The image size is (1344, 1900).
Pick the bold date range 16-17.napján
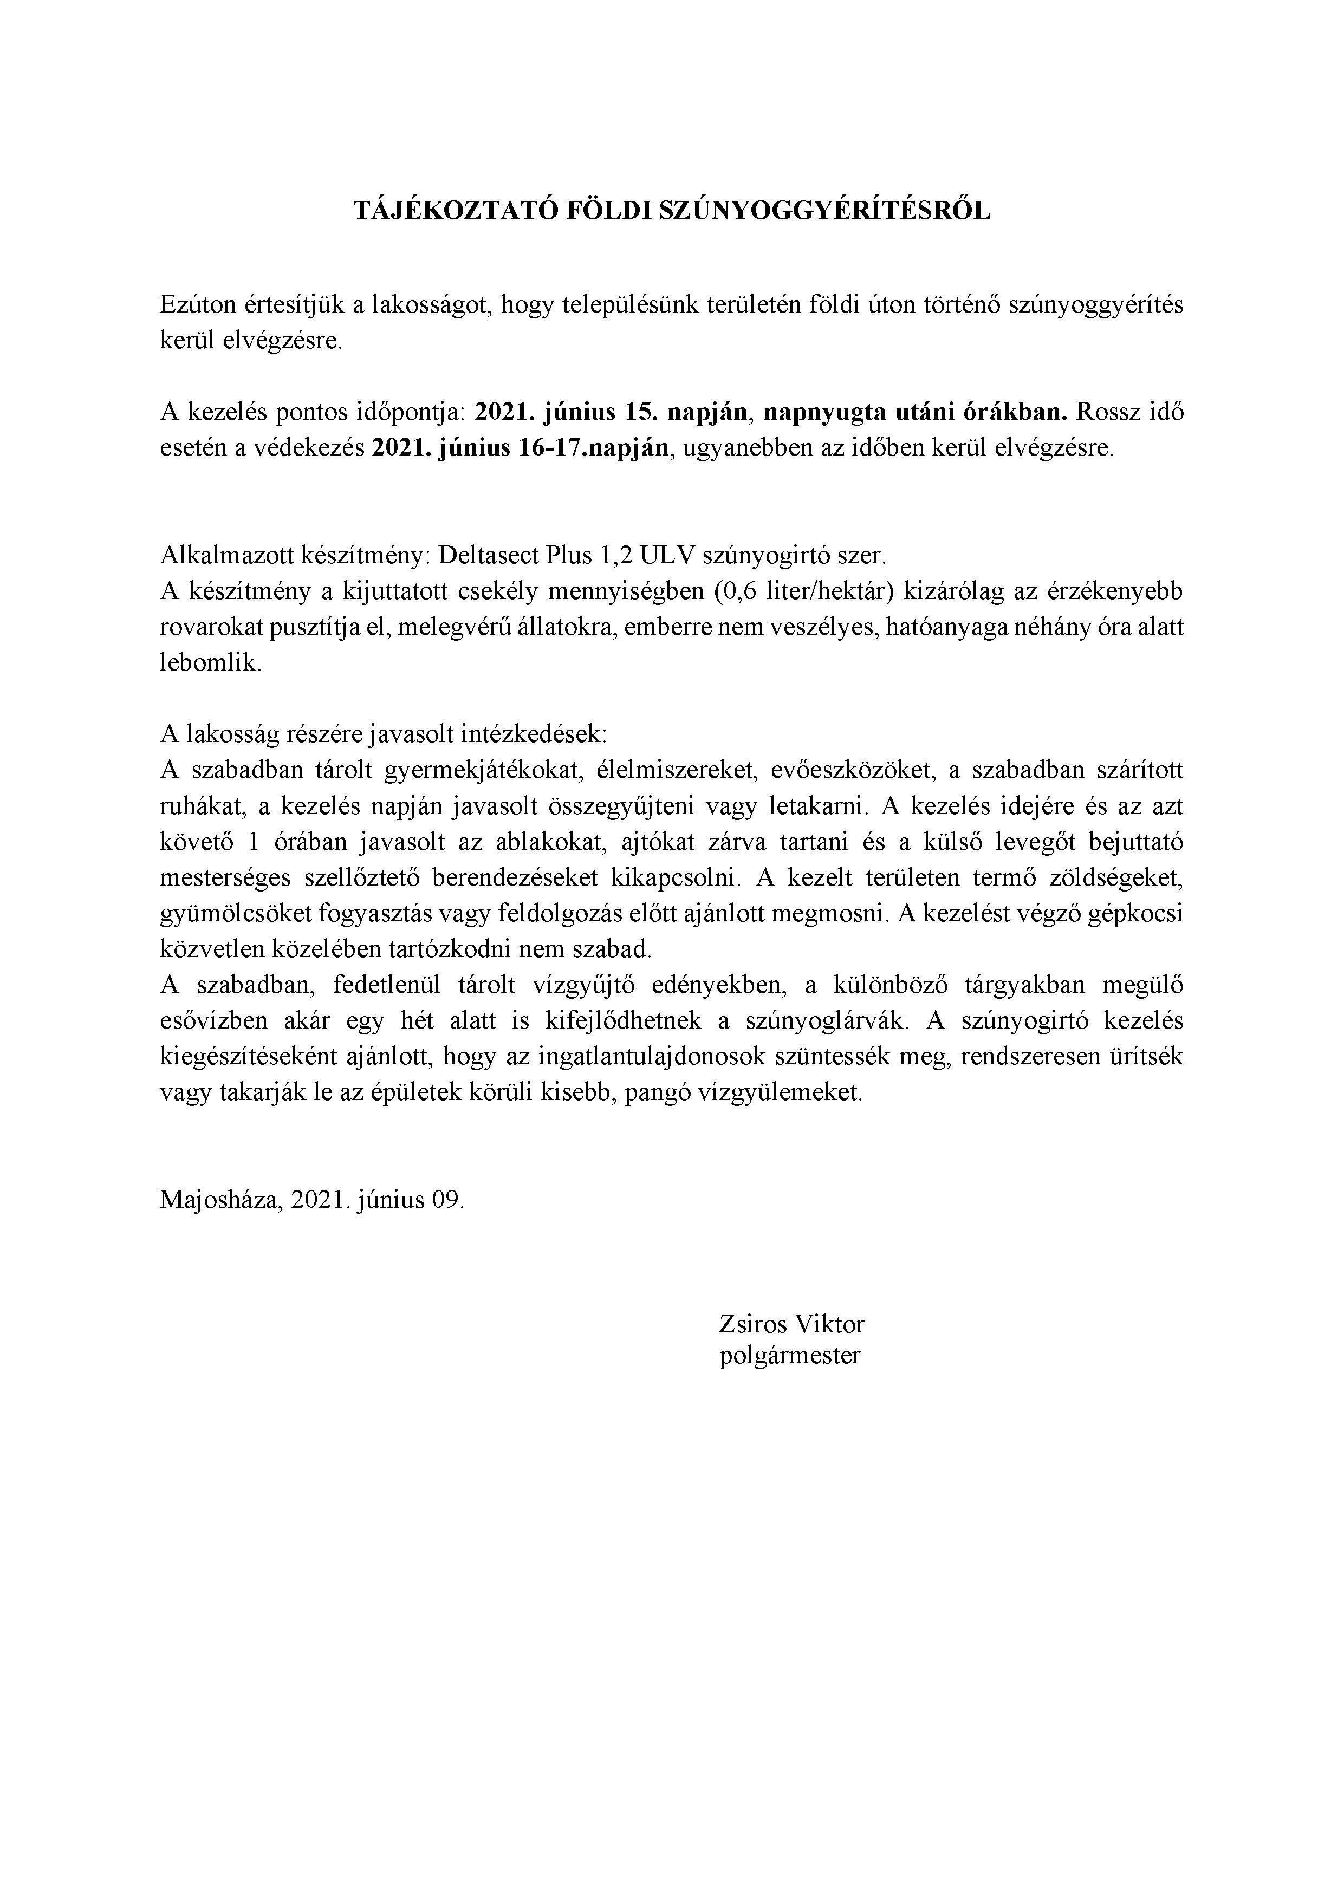pyautogui.click(x=589, y=448)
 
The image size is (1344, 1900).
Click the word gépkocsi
pyautogui.click(x=1138, y=914)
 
